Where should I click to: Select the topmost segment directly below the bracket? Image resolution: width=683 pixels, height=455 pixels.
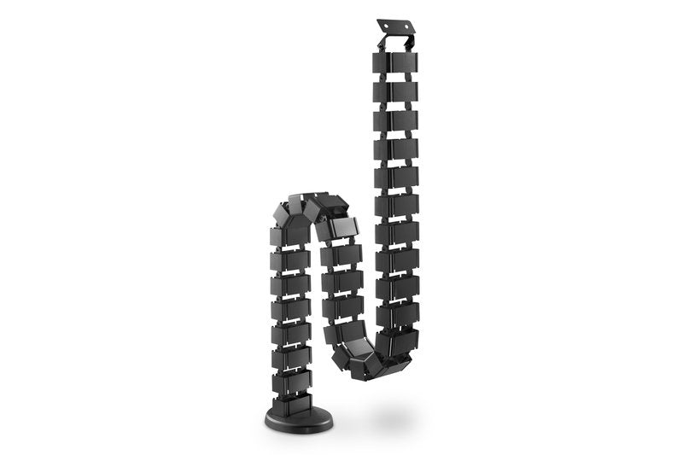395,63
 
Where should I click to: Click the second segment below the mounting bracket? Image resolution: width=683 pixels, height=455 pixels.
395,91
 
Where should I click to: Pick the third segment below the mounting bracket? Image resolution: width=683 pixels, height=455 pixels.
395,120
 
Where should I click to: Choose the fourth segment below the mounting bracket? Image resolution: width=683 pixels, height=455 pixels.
395,149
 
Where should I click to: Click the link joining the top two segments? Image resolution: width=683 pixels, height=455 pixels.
395,77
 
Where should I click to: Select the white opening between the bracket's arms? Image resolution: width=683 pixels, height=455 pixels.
396,43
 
